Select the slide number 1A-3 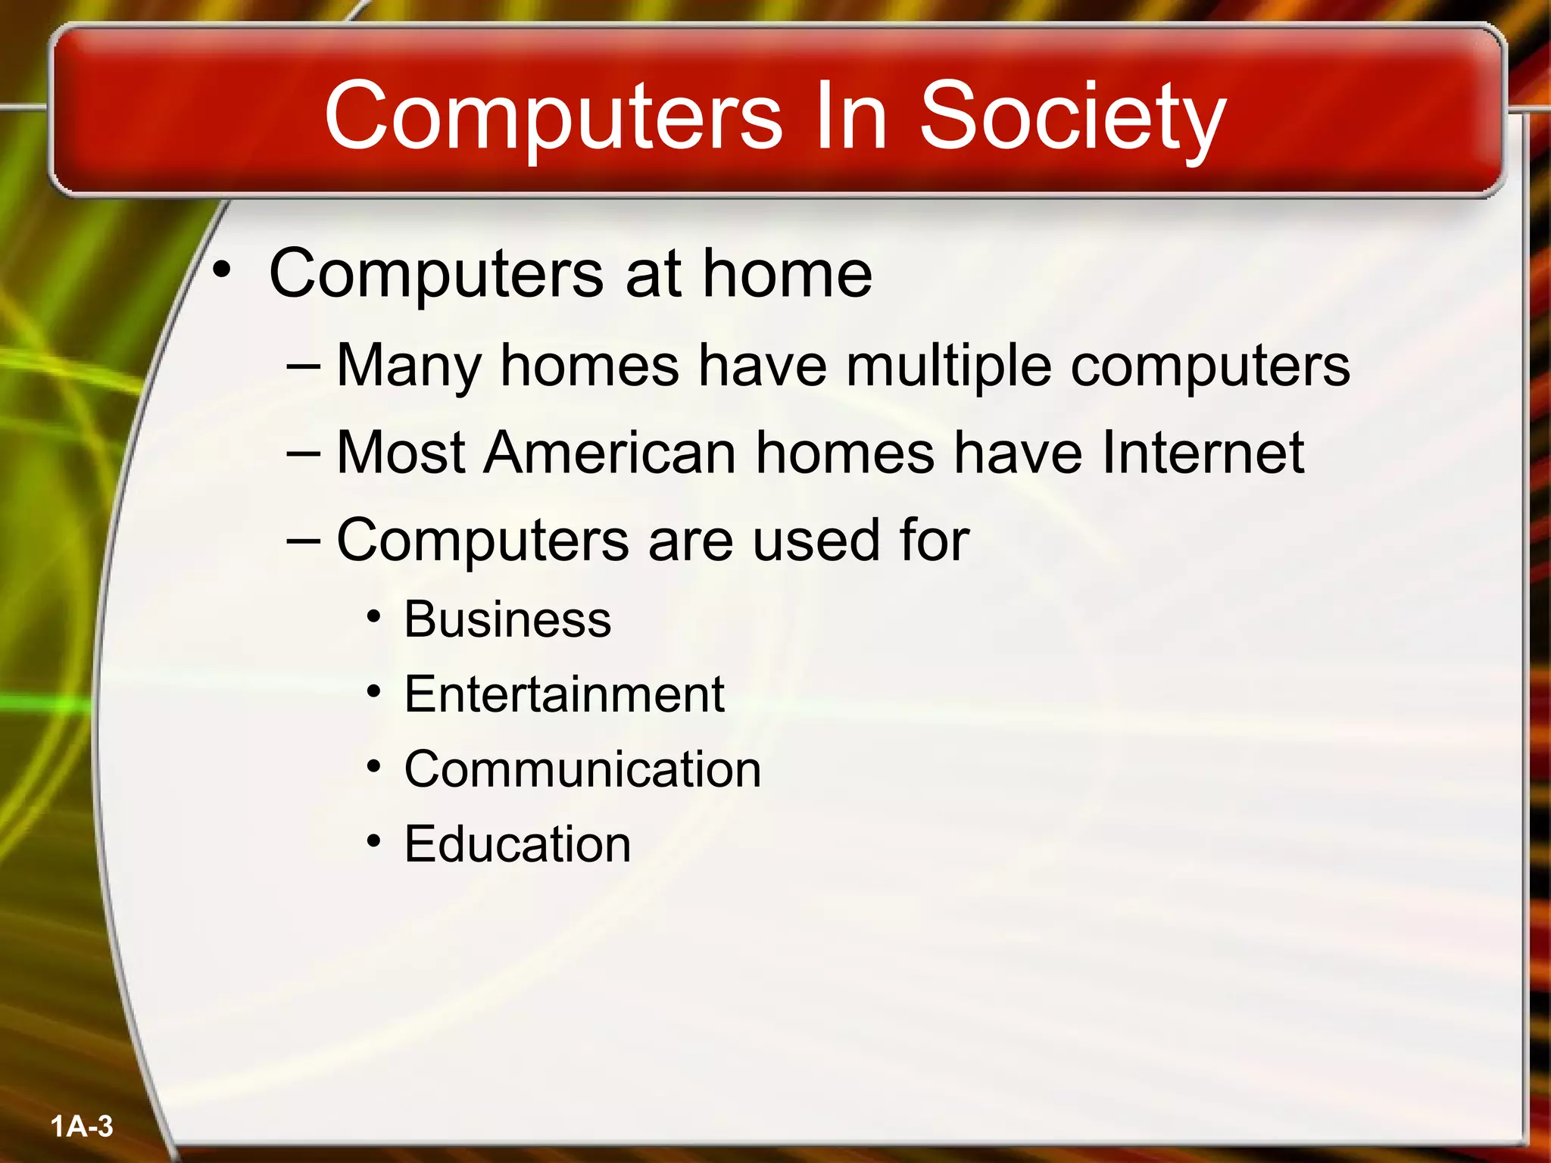coord(82,1126)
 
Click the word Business coord(507,619)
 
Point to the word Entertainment coord(564,694)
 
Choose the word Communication coord(582,769)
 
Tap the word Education coord(517,843)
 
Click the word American coord(610,452)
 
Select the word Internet coord(1203,452)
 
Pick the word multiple coord(949,366)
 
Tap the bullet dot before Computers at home coord(221,270)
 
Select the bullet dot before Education coord(373,841)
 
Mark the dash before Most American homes coord(304,453)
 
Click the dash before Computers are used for coord(304,541)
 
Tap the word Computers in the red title coord(553,117)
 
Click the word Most coord(401,452)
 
